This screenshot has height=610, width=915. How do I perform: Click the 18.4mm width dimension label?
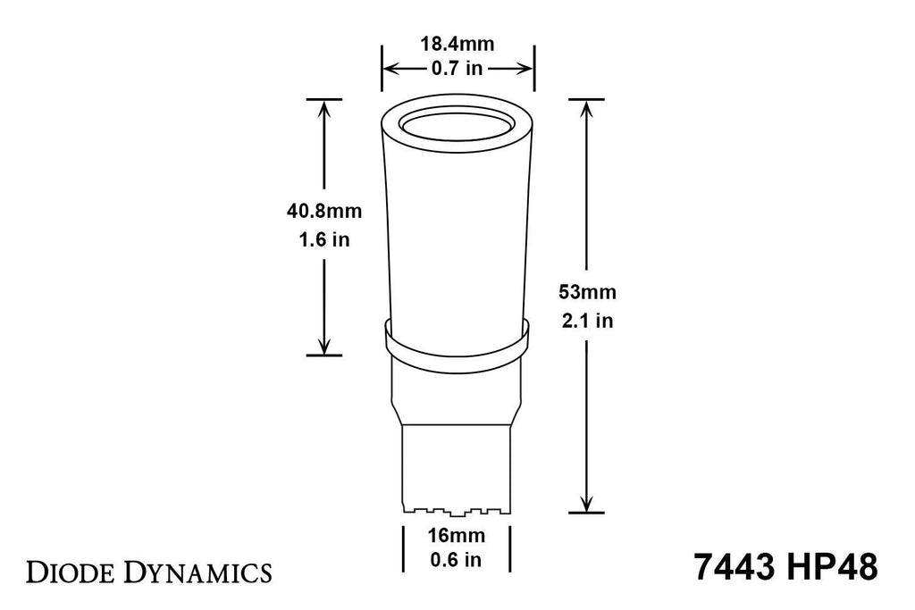(457, 44)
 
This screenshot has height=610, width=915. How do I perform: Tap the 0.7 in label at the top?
(457, 68)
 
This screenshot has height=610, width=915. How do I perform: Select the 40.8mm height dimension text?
(323, 211)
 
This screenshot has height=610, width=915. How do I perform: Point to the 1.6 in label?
(323, 239)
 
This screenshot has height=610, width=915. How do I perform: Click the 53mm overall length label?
(587, 291)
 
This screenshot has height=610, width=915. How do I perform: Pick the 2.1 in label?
(587, 320)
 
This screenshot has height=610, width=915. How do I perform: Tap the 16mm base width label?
(456, 535)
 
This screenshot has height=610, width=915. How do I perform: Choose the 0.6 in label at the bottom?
(456, 560)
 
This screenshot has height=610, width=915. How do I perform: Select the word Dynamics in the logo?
(199, 573)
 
